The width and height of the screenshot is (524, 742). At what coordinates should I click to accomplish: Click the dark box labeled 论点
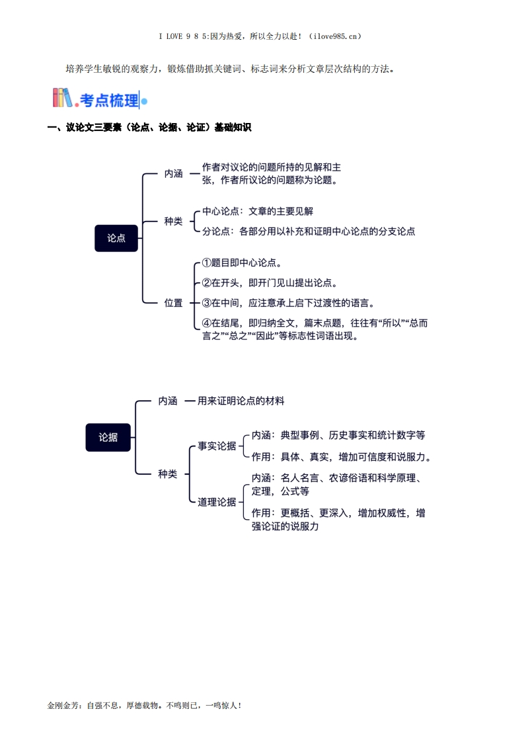point(116,238)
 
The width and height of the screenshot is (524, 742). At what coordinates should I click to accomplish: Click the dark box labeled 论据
point(108,437)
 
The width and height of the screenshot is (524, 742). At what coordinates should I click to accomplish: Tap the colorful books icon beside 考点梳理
point(62,98)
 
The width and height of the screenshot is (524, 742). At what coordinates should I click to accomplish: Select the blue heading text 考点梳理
point(109,101)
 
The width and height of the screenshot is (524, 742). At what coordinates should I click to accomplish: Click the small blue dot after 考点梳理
point(144,101)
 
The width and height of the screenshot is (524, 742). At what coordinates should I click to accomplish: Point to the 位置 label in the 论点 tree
point(174,303)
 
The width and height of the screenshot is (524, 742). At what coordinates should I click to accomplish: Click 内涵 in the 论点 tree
point(174,174)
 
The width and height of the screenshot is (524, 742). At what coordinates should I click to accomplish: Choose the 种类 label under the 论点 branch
point(174,221)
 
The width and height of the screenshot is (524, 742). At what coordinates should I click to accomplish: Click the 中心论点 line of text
point(258,211)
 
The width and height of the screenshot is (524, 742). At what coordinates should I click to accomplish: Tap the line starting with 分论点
point(309,231)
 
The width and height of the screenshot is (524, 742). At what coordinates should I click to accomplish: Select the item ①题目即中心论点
point(242,263)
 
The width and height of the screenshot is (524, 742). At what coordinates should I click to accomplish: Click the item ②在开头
point(270,283)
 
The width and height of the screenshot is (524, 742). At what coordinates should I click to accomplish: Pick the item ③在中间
point(289,303)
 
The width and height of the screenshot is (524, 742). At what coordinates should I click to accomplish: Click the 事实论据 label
point(217,446)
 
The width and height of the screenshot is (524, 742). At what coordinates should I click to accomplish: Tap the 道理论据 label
point(217,501)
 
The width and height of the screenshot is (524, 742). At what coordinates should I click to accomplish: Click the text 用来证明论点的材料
point(241,401)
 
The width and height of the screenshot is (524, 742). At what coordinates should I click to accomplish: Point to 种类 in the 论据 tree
point(168,474)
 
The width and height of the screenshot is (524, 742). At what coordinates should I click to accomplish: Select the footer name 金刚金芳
point(63,705)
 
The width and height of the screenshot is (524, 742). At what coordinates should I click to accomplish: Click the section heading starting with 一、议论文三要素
point(149,127)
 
